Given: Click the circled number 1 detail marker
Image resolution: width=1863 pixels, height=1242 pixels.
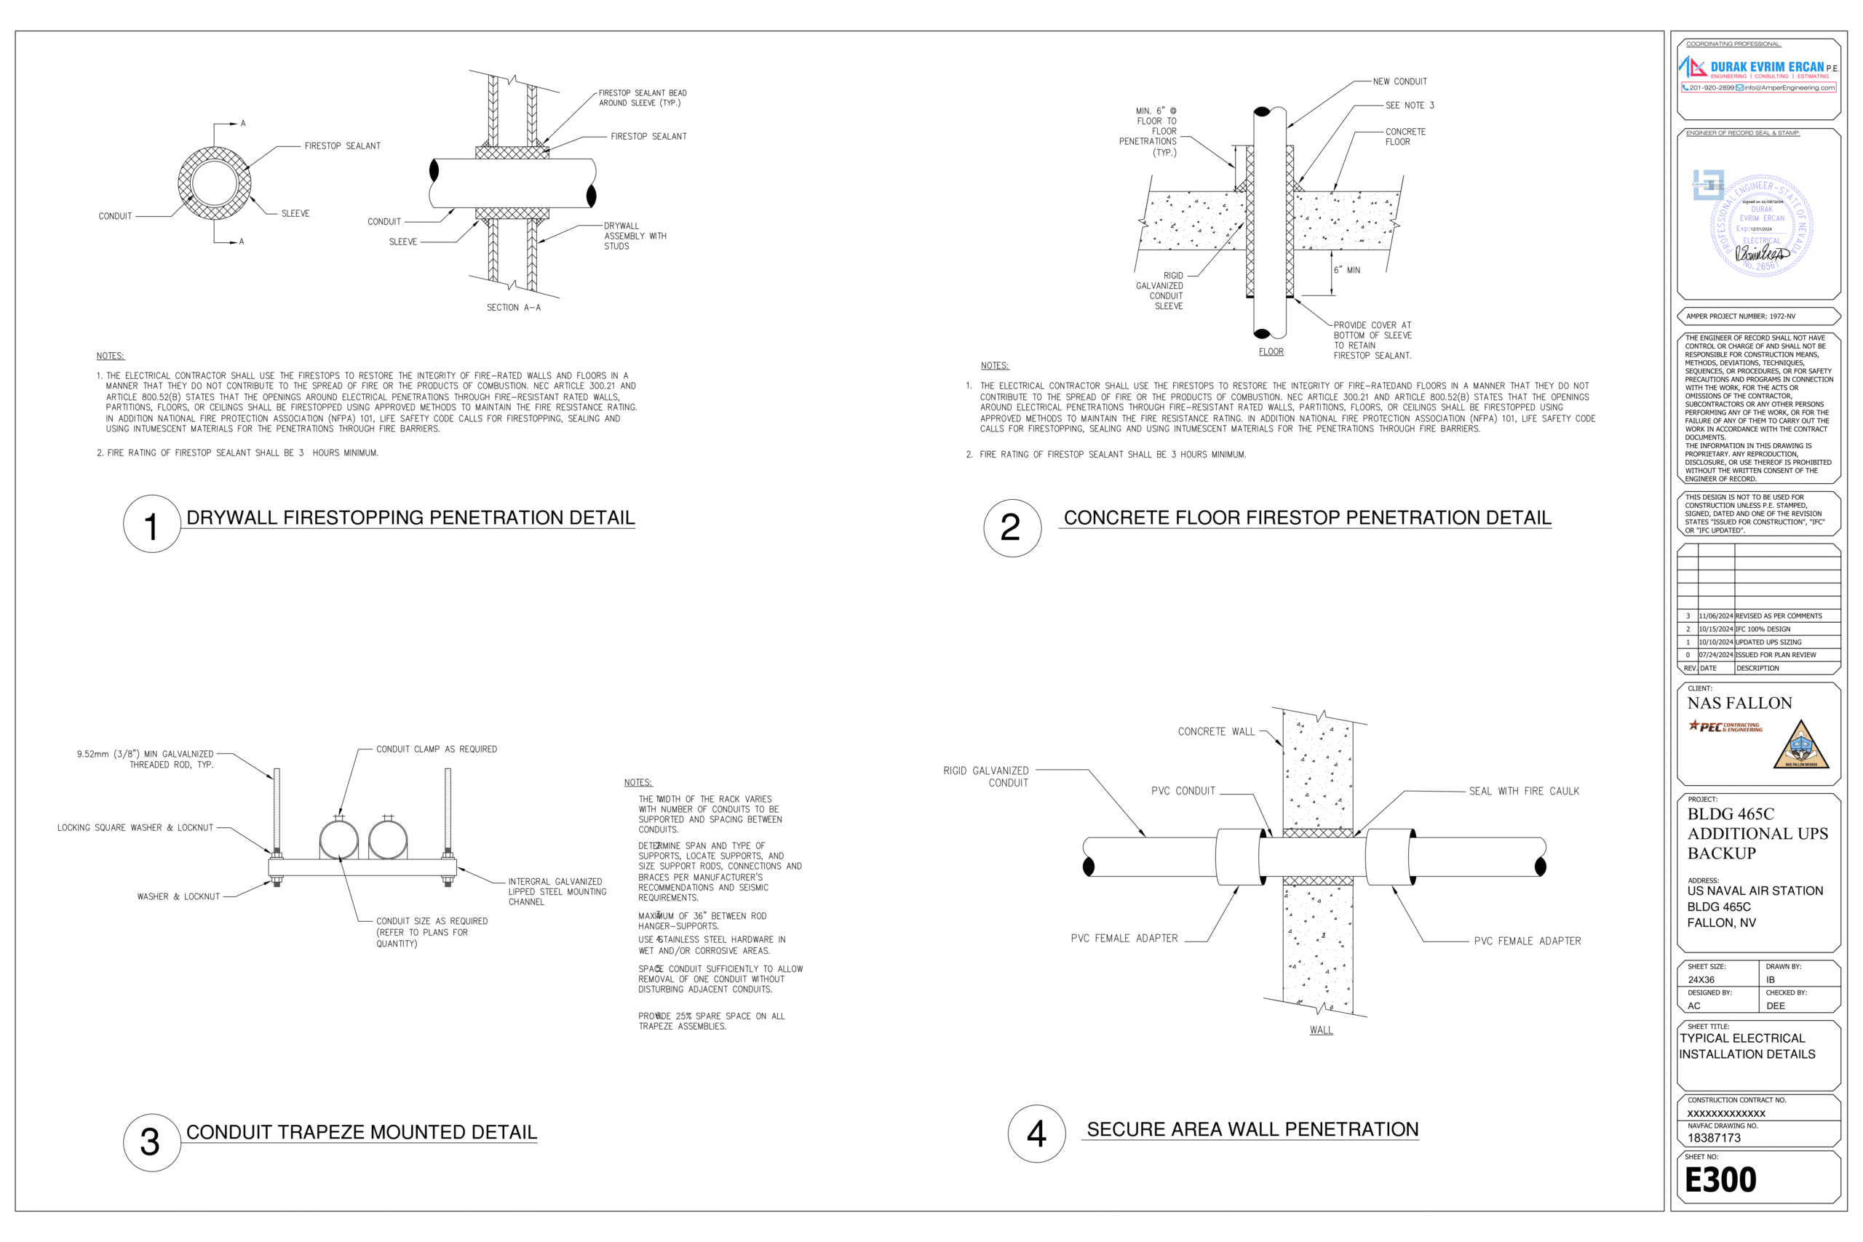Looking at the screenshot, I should (x=151, y=525).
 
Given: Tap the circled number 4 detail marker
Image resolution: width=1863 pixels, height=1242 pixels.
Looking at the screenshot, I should (x=1036, y=1134).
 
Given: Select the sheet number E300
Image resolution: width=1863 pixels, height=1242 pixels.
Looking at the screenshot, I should (x=1720, y=1180).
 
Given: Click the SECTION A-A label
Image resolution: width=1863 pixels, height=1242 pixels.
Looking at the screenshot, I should (x=513, y=307).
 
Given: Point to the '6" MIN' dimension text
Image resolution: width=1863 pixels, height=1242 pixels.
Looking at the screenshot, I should (x=1346, y=270).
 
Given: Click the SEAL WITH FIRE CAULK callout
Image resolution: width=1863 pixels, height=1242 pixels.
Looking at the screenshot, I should (x=1523, y=792).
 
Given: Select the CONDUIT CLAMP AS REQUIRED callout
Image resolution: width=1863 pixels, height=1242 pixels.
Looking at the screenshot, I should (x=437, y=749).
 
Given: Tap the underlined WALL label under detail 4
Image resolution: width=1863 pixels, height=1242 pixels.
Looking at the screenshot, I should (x=1320, y=1030).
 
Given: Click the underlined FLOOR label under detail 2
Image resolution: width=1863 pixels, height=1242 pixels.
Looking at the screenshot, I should (x=1271, y=351).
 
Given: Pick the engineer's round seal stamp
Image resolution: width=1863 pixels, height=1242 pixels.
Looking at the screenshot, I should (x=1761, y=225).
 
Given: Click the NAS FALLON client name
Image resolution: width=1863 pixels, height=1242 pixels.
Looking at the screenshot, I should (x=1739, y=704).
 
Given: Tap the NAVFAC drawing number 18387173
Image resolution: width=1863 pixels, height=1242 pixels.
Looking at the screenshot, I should (x=1713, y=1138).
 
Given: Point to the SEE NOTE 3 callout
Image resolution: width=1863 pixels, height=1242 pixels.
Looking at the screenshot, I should (x=1409, y=106).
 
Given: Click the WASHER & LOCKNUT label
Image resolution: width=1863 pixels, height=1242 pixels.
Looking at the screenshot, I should (x=178, y=896).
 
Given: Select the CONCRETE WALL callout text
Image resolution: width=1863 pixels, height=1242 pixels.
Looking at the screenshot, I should (x=1216, y=732).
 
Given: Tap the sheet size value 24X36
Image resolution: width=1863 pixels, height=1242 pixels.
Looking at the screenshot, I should (x=1701, y=980).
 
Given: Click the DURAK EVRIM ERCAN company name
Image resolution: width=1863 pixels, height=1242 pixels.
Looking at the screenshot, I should (x=1766, y=68).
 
